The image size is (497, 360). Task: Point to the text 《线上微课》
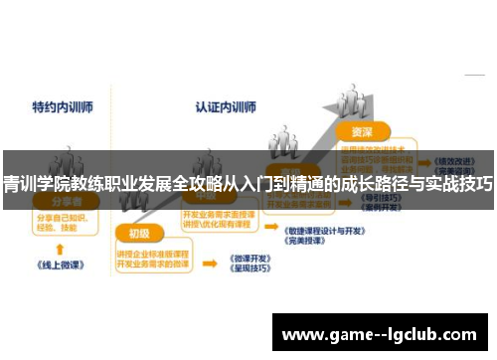[61, 267]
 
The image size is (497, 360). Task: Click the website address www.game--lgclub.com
[382, 333]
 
